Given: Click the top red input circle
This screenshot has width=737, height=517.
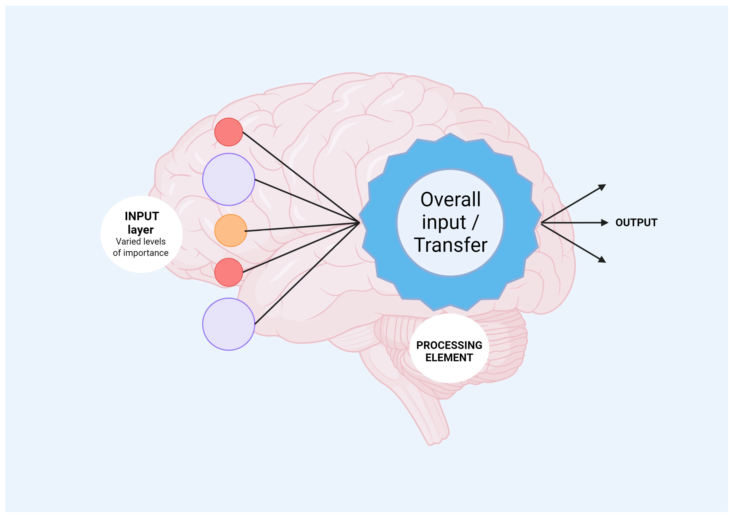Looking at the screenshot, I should (x=229, y=132).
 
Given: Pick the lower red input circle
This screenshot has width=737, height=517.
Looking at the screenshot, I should (x=229, y=272).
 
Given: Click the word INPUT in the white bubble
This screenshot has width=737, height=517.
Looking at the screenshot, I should (x=142, y=216).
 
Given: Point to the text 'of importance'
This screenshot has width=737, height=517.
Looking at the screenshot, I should (x=141, y=253).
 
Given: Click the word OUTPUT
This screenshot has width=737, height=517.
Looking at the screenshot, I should (x=636, y=223).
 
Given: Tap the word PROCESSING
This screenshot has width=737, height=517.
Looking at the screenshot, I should (x=449, y=345).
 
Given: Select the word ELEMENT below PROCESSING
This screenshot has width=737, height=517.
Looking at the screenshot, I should (x=449, y=357).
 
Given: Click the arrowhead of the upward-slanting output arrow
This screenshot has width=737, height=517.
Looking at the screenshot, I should (x=603, y=187).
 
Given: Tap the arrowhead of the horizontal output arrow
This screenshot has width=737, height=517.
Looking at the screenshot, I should (x=605, y=223).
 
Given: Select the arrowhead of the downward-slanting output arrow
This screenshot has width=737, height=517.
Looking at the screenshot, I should (x=603, y=260).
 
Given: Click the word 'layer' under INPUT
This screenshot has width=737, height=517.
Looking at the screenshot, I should (x=141, y=230).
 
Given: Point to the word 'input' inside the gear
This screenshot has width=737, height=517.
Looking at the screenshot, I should (x=444, y=222).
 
